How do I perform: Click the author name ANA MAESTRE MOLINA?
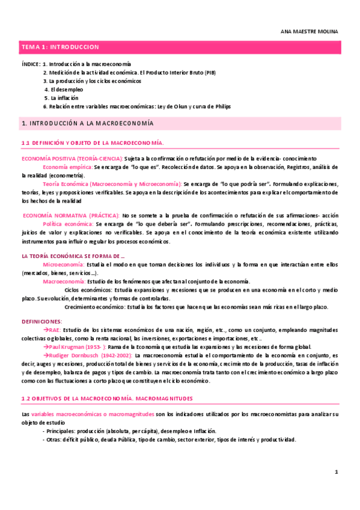(x=310, y=31)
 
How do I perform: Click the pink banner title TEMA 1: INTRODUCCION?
(x=60, y=47)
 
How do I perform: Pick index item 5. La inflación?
(x=61, y=97)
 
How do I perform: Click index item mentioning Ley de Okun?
(x=137, y=106)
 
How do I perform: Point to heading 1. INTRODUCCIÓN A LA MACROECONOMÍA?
(x=87, y=123)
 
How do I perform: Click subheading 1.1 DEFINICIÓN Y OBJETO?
(x=93, y=142)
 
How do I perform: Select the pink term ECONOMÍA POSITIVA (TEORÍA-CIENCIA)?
(x=72, y=157)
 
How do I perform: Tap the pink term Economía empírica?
(x=67, y=166)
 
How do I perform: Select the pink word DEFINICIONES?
(x=41, y=322)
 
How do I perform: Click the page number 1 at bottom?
(x=337, y=473)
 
